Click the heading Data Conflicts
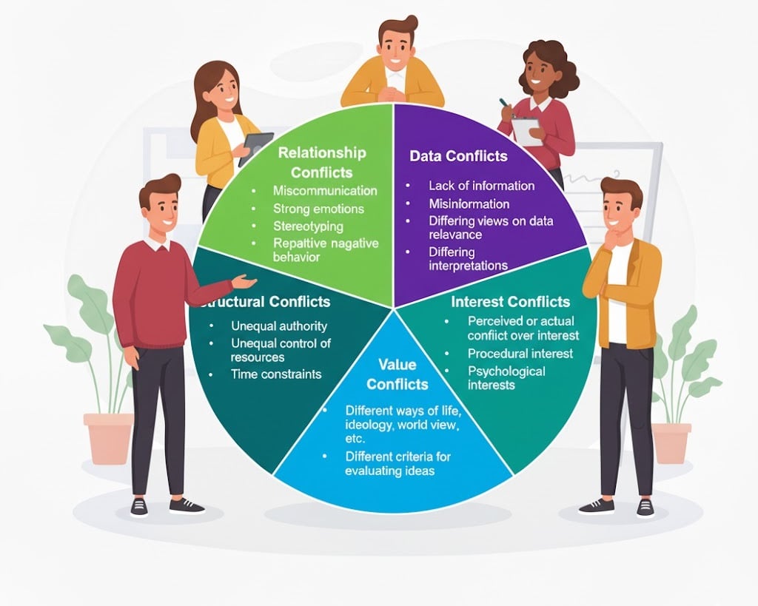pyautogui.click(x=458, y=156)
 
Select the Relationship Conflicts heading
pyautogui.click(x=321, y=162)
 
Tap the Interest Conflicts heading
pyautogui.click(x=510, y=302)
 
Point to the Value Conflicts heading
pyautogui.click(x=398, y=374)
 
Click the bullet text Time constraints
pyautogui.click(x=276, y=374)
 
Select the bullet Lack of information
pyautogui.click(x=481, y=186)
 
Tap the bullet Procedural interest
pyautogui.click(x=520, y=353)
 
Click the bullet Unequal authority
pyautogui.click(x=279, y=326)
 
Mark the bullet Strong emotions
pyautogui.click(x=318, y=209)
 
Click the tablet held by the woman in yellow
pyautogui.click(x=256, y=147)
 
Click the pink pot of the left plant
pyautogui.click(x=108, y=439)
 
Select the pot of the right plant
pyautogui.click(x=671, y=442)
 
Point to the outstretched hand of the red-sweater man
pyautogui.click(x=244, y=281)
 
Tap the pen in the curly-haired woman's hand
pyautogui.click(x=503, y=104)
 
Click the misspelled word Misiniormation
pyautogui.click(x=469, y=203)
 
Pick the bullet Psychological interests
pyautogui.click(x=506, y=377)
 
